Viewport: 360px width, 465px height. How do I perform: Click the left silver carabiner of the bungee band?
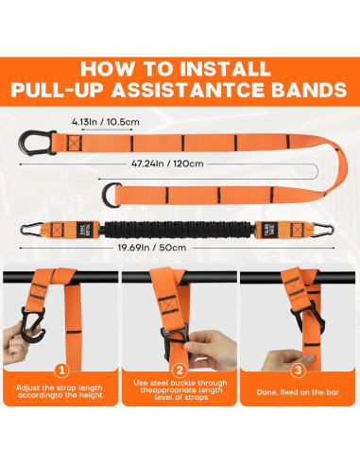43,227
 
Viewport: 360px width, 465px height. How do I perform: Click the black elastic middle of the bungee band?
180,228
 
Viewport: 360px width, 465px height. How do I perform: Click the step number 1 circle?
60,370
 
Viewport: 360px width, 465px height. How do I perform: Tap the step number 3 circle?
297,370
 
